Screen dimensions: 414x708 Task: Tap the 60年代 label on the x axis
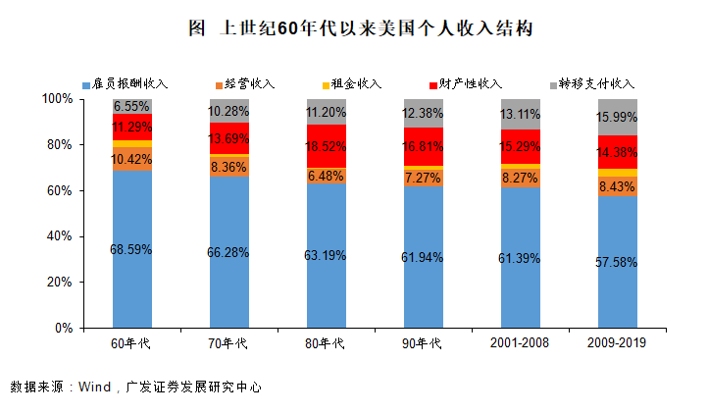click(x=131, y=343)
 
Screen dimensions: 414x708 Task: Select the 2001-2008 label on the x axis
click(x=521, y=343)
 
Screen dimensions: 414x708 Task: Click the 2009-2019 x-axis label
click(x=618, y=343)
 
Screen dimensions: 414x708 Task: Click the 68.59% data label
click(x=131, y=250)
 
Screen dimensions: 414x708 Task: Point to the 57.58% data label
click(x=618, y=263)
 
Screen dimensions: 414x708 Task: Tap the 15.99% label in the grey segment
click(x=618, y=118)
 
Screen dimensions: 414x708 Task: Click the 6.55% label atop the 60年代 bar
click(x=131, y=106)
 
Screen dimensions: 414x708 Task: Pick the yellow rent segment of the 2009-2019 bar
click(x=618, y=173)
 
